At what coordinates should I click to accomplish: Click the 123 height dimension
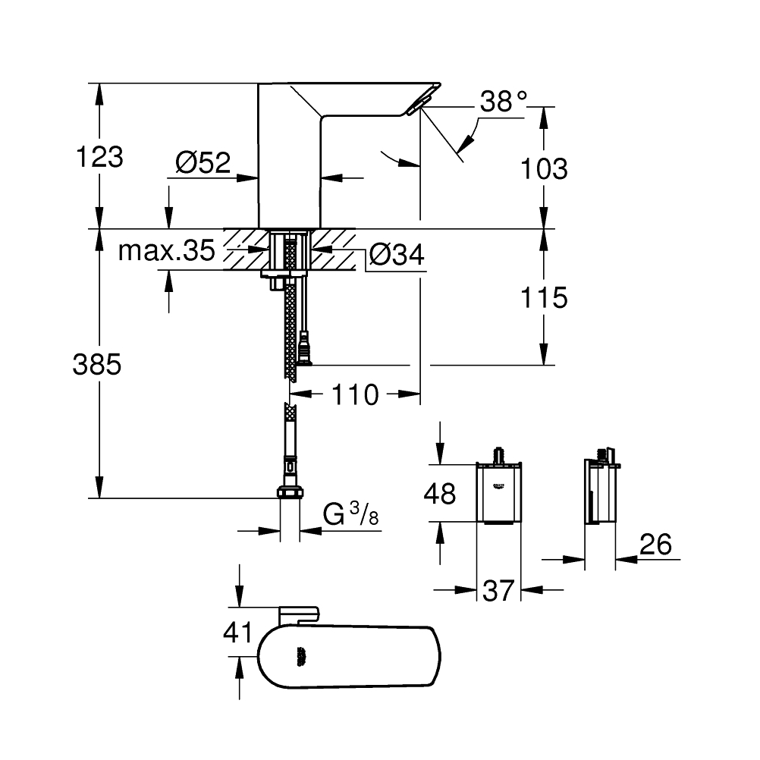[100, 157]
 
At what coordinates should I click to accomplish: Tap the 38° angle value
[503, 102]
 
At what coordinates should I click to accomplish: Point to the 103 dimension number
[544, 168]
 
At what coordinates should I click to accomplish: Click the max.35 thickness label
[167, 250]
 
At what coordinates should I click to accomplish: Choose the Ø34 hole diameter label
[397, 254]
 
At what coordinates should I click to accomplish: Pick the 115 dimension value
[544, 297]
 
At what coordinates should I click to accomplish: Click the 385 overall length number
[97, 364]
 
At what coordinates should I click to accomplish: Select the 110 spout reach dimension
[355, 394]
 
